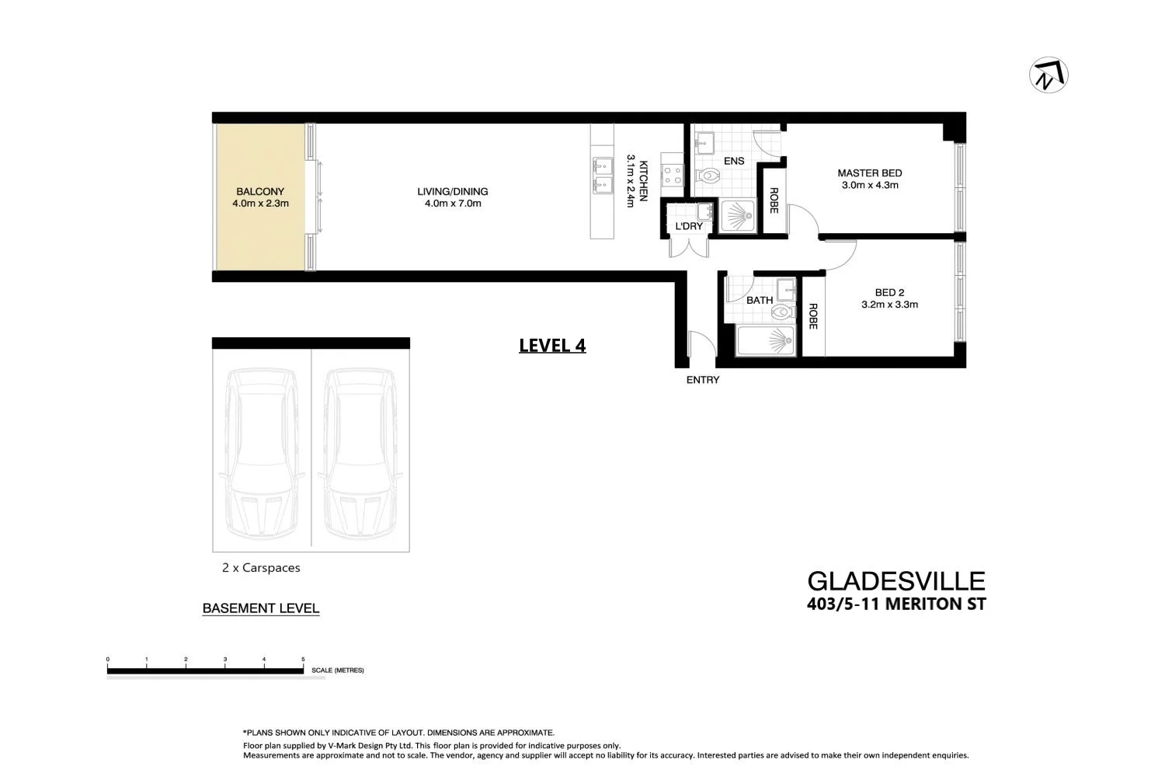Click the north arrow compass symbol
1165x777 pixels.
1048,75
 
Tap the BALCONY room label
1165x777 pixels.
260,191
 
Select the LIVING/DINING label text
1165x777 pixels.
452,192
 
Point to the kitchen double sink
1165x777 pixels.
602,176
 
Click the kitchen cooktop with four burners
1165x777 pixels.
672,176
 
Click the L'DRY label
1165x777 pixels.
688,226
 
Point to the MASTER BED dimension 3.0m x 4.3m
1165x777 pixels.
869,186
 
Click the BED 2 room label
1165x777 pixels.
889,293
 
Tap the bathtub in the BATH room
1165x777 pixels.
765,341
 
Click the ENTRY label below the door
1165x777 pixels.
702,380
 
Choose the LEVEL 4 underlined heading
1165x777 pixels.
552,346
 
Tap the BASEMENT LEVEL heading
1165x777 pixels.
260,608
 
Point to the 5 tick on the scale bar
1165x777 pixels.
303,660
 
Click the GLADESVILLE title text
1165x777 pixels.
895,581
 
